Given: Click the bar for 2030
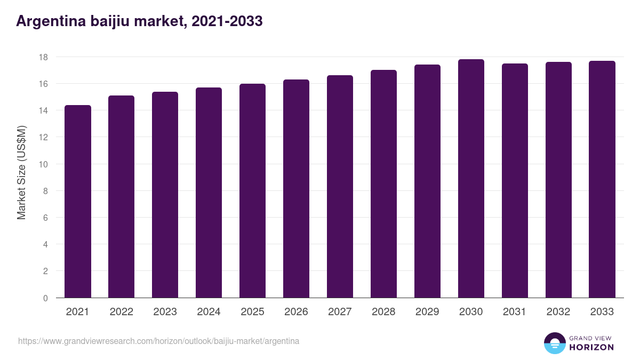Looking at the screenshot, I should tap(471, 179).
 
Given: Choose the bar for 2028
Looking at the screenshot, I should tap(383, 184).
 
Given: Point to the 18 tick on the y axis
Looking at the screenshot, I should tap(44, 57).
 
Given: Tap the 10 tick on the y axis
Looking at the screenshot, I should tap(44, 164).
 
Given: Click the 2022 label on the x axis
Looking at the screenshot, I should tap(121, 312).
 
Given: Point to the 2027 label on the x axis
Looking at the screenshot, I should tap(340, 312).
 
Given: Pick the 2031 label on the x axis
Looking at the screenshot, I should tap(515, 312).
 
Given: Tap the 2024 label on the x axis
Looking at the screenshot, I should tap(209, 312).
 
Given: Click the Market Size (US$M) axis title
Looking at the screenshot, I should tap(21, 172).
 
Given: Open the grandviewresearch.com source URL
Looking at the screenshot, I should tap(158, 341).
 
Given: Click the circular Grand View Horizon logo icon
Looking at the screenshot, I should tap(554, 343).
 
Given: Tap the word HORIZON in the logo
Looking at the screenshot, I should tap(591, 347).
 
